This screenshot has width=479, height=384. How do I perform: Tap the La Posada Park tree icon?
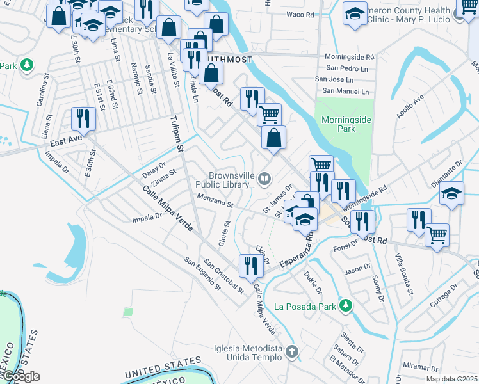point(346,305)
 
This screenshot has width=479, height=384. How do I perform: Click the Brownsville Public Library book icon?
point(264,178)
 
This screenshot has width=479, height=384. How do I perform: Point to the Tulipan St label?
point(177,134)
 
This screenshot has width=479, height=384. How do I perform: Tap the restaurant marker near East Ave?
point(83,118)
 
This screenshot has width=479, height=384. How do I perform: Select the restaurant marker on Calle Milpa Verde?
point(251,265)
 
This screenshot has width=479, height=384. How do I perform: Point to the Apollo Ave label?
point(410,107)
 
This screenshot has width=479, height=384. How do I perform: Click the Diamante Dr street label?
point(446,174)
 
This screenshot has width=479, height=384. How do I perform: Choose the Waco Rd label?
point(298,14)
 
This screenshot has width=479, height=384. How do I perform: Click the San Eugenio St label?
point(202,273)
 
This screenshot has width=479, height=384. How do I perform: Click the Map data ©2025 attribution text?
point(451,379)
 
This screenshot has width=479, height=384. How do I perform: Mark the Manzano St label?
point(215,200)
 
